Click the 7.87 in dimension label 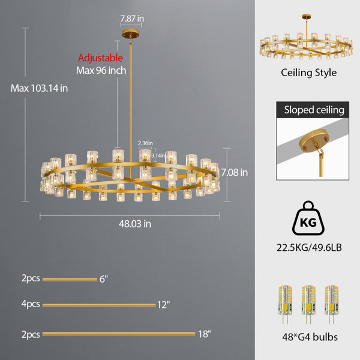pos(132,19)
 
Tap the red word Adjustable pos(100,58)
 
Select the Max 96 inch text pos(101,70)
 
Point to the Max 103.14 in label pos(39,88)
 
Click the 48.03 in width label pos(135,224)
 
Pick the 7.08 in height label pos(235,172)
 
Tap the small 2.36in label pos(145,143)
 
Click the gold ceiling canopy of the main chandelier pos(131,34)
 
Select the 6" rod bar pos(70,280)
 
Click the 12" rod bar pos(99,305)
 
